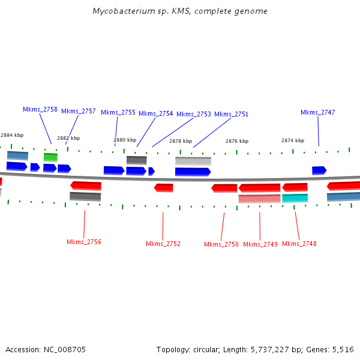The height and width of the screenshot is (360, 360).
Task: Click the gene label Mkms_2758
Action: tap(40, 110)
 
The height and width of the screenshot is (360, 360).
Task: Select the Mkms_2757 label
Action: tap(79, 111)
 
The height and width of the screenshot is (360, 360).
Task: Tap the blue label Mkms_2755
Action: tap(118, 112)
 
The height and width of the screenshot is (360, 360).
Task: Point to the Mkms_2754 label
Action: tap(156, 113)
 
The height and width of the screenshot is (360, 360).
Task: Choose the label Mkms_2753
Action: tap(194, 114)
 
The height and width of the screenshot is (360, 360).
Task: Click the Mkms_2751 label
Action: tap(231, 114)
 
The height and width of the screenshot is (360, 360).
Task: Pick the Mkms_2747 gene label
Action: tap(318, 112)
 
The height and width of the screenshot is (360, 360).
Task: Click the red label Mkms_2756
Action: tap(84, 242)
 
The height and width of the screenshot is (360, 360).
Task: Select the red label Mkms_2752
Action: tap(163, 244)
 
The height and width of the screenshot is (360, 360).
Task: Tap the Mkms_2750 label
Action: tap(221, 244)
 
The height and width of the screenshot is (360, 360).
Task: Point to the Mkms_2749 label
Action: tap(260, 244)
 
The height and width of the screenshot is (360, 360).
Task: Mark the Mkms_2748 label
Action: tap(299, 244)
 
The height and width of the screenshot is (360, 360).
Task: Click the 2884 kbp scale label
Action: tap(12, 136)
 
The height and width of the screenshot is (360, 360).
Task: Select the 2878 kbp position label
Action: tap(181, 141)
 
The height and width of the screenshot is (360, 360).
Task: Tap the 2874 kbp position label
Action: tap(293, 140)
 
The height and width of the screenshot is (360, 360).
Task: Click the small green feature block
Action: tap(50, 157)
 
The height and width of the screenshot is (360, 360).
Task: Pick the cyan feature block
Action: tap(295, 198)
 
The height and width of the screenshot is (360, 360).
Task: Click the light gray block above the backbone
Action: tap(193, 161)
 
